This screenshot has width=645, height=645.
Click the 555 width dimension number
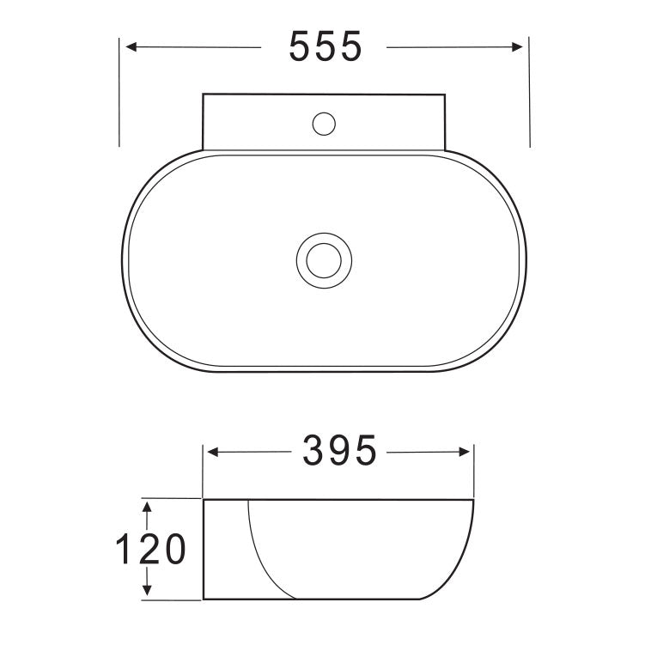326,46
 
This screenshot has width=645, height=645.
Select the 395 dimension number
339,450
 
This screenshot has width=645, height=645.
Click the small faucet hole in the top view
323,125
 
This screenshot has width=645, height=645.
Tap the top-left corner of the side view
203,498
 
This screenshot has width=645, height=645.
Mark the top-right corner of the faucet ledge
445,94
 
